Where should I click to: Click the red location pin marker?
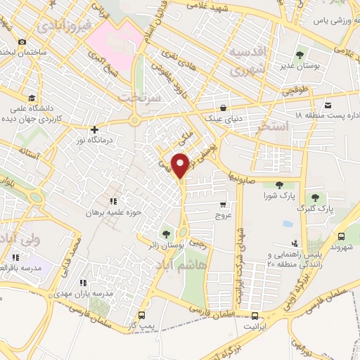[181, 165]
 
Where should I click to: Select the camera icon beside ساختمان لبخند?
[23, 42]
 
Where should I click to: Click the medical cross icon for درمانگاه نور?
[94, 129]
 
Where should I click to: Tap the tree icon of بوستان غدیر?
[300, 53]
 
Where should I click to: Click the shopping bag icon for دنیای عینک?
[223, 108]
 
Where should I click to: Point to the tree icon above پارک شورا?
[279, 185]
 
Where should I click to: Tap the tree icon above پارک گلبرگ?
[314, 198]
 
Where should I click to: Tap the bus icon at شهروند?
[341, 237]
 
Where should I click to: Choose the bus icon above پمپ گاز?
[143, 314]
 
